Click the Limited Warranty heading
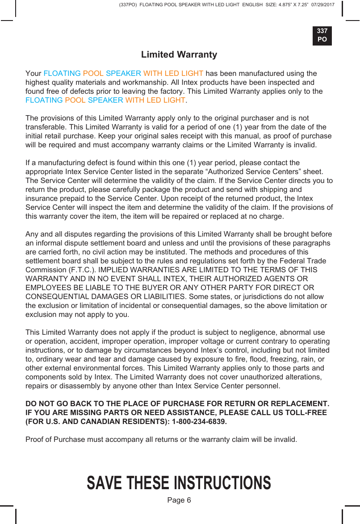click(179, 55)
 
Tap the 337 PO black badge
click(322, 35)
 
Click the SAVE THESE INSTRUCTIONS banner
click(179, 483)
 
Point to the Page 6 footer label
click(179, 500)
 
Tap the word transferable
click(46, 127)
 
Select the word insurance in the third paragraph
click(41, 198)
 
